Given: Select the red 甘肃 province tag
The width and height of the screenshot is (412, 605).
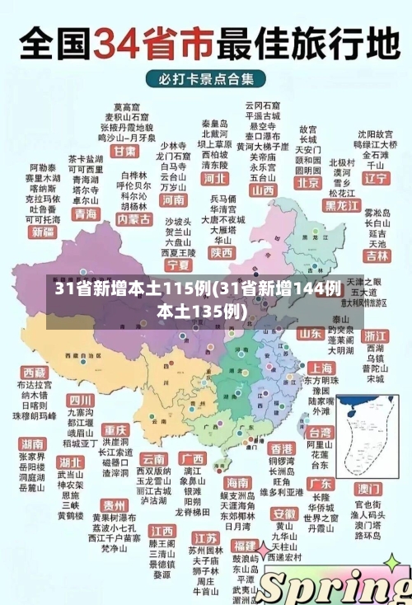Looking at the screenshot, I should point(124,152).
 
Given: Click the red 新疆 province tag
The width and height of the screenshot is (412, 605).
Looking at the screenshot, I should point(42,232).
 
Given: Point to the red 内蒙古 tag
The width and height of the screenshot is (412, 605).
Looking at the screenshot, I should point(133,220).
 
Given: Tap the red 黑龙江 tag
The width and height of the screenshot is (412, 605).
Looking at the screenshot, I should point(342,204).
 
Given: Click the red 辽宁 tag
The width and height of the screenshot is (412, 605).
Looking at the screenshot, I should point(376,178).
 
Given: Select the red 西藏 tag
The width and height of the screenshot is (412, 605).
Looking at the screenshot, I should point(35,373).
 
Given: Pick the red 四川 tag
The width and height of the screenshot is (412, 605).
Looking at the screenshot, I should point(81,400).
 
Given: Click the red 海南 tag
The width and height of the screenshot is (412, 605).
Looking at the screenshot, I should point(236,482).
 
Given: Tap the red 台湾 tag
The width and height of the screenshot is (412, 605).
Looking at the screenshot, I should point(319,432).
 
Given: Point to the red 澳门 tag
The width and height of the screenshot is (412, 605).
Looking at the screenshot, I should point(368,488).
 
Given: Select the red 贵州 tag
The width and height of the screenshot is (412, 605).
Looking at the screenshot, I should point(114,504).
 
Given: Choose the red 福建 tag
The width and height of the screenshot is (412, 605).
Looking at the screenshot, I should point(244,546).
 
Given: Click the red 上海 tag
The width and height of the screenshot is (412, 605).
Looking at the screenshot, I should point(320,368).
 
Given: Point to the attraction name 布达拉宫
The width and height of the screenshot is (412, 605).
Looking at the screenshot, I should point(35,385).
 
